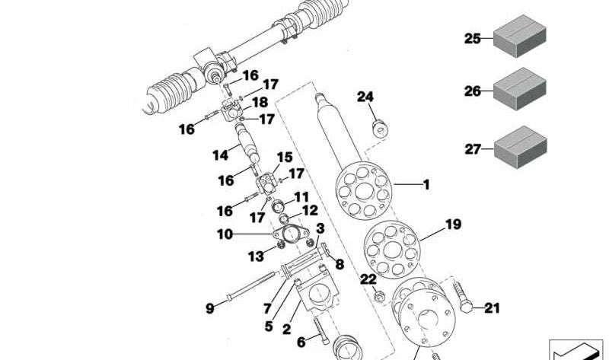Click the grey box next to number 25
coord(521,38)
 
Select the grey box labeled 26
coord(521,91)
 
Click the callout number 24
coord(365,97)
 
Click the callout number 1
coord(426,184)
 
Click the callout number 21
coord(493,308)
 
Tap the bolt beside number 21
coord(463,298)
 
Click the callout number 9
coord(210,308)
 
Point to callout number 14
coord(220,156)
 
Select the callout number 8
coord(340,265)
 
